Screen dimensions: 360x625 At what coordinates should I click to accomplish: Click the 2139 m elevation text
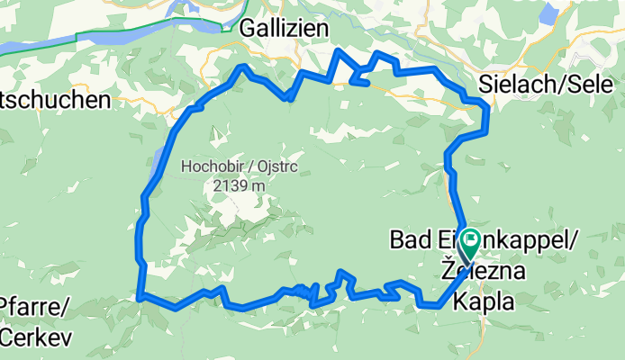click(239, 185)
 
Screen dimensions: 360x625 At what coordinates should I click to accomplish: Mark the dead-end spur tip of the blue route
click(367, 85)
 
